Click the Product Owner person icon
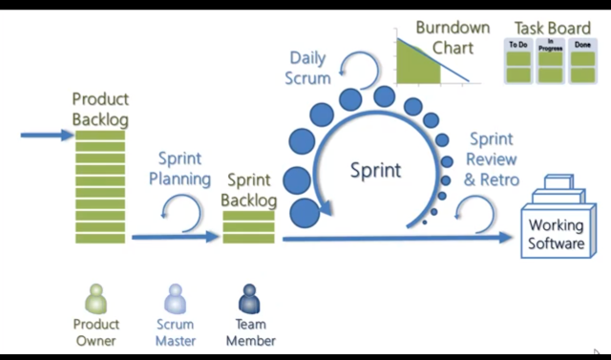tap(95, 299)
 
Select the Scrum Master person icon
tap(175, 299)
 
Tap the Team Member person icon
tap(250, 299)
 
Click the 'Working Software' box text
tap(557, 235)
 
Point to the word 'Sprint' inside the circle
tap(375, 171)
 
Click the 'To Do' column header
tap(517, 45)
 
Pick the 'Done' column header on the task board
tap(581, 46)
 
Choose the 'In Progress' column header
tap(550, 45)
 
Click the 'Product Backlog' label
tap(99, 109)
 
